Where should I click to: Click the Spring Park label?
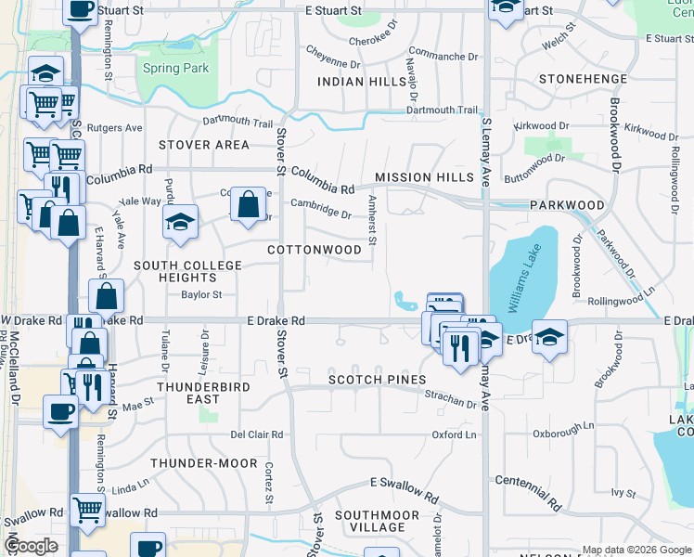pyautogui.click(x=176, y=69)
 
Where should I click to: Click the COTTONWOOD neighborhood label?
pyautogui.click(x=315, y=251)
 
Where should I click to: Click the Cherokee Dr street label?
pyautogui.click(x=372, y=41)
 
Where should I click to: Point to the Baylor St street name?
pyautogui.click(x=201, y=295)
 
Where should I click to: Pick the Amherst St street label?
pyautogui.click(x=372, y=221)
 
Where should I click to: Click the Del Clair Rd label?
pyautogui.click(x=257, y=434)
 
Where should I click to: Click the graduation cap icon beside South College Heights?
pyautogui.click(x=180, y=222)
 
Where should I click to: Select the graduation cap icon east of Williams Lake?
pyautogui.click(x=550, y=338)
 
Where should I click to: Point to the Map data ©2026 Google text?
pyautogui.click(x=636, y=549)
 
